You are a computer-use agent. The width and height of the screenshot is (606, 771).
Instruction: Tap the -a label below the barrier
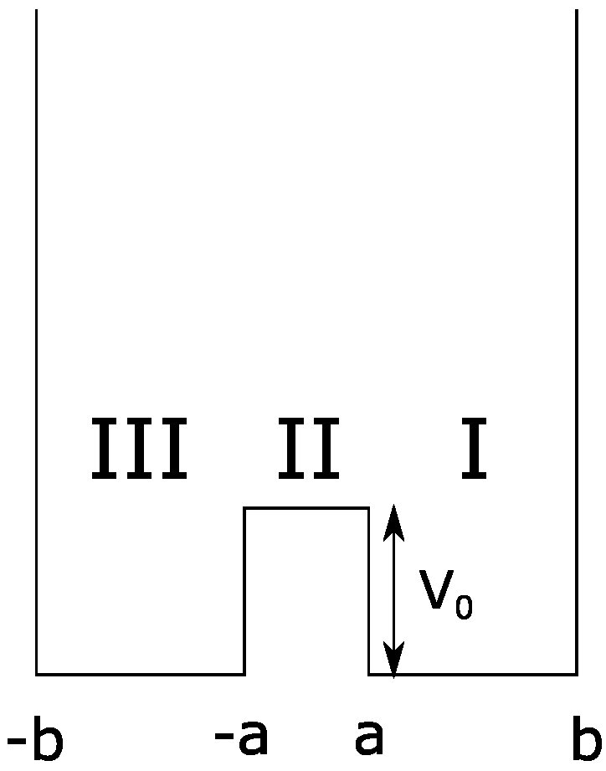(241, 737)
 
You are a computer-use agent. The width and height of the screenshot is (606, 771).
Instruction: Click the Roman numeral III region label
(138, 450)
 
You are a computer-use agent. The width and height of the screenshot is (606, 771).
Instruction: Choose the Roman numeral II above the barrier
(308, 450)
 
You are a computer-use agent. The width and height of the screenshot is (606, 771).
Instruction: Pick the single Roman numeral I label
(474, 450)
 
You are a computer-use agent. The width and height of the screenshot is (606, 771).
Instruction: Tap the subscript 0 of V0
(465, 607)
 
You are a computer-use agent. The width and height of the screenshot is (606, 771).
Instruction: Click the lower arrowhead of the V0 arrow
(393, 661)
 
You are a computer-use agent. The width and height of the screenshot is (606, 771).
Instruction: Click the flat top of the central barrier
(306, 508)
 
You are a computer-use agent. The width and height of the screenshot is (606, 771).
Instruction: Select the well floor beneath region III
(140, 674)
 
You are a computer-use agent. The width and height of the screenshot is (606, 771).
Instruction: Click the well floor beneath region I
(485, 674)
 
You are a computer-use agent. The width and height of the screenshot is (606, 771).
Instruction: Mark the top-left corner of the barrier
(244, 508)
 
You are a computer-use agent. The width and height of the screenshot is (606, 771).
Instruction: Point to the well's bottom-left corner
(36, 674)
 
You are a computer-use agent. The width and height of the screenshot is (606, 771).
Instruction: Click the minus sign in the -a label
(223, 738)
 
